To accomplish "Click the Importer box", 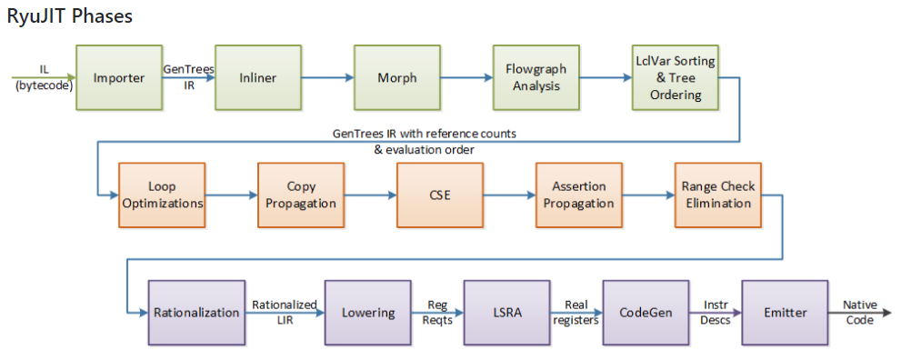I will [118, 78].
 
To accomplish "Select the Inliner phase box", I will [257, 78].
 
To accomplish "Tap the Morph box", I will [396, 78].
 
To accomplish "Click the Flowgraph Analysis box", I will [536, 78].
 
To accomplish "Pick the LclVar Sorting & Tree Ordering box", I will [675, 78].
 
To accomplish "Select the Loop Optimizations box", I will [162, 195].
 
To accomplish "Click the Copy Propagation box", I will [301, 195].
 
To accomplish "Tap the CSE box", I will [440, 195].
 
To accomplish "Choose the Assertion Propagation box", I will [579, 195].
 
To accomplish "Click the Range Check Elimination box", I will [717, 195].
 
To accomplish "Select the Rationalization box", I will [196, 313].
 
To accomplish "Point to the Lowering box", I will [368, 313].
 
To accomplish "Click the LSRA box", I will [507, 313].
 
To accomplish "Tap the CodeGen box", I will [646, 313].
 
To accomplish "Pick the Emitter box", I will [786, 313].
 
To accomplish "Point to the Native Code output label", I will [859, 312].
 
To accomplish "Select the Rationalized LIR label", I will [284, 312].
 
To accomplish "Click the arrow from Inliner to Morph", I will [326, 78].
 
